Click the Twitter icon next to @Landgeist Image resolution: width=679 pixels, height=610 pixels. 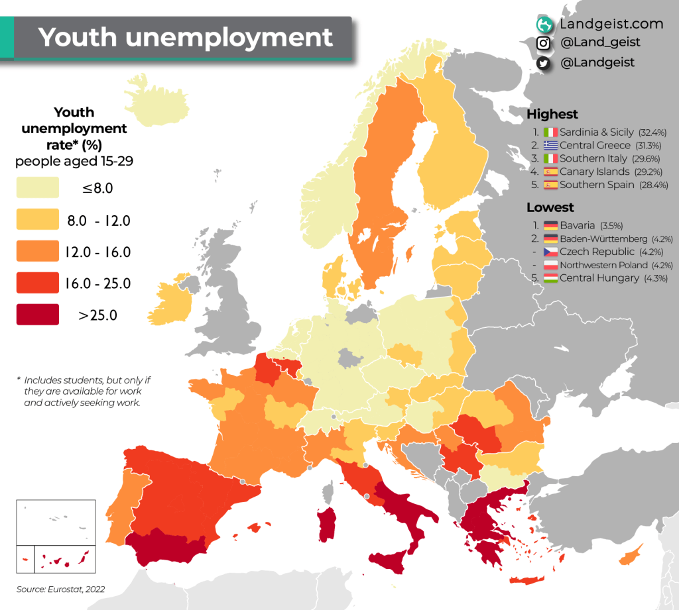click(544, 63)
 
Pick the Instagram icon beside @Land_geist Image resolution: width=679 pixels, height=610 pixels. click(544, 43)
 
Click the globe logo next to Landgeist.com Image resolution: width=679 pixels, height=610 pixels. click(544, 25)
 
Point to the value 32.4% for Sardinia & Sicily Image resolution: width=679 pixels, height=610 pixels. click(652, 132)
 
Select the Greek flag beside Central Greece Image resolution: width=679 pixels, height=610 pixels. click(550, 145)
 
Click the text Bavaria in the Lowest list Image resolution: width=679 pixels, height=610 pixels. click(578, 225)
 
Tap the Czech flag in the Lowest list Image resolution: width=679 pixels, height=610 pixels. click(550, 252)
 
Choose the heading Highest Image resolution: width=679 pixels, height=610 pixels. click(552, 114)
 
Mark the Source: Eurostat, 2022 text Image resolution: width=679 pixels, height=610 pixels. click(60, 589)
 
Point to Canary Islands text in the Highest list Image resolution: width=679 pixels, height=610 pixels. click(594, 172)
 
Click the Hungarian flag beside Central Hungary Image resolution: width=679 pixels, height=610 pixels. click(550, 278)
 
